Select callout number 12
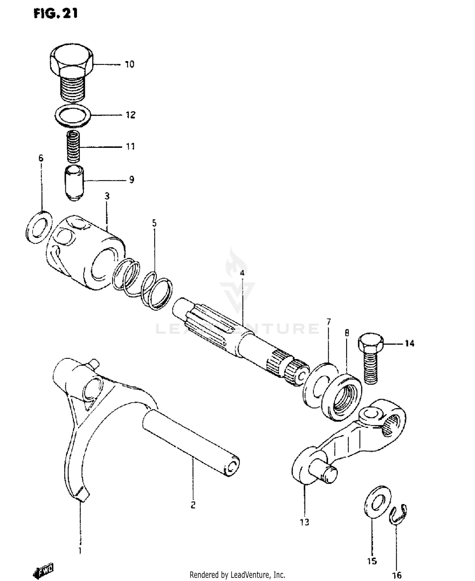pos(130,115)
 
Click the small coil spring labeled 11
pos(73,147)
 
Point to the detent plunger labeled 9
pos(74,182)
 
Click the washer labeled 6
pos(39,227)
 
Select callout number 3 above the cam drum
pos(107,196)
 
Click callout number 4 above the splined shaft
pos(242,273)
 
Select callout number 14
pos(409,343)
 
